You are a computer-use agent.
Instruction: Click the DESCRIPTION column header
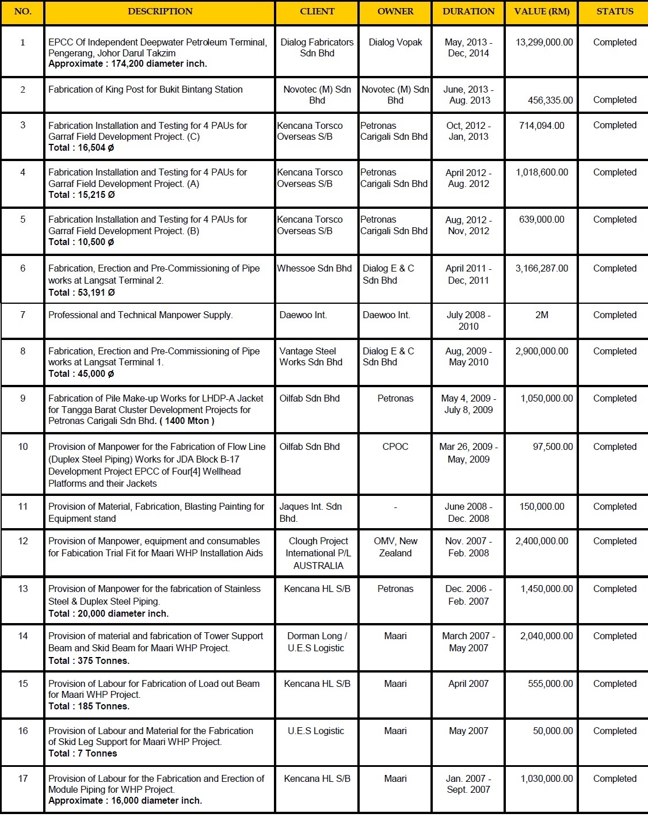[160, 12]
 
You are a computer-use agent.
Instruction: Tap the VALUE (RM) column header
[542, 12]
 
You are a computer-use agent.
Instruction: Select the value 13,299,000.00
[544, 42]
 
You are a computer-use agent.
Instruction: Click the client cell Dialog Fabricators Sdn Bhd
[317, 48]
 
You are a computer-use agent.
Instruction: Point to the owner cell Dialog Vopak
[395, 42]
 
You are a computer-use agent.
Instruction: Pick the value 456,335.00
[550, 100]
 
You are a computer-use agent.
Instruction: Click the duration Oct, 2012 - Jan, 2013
[468, 131]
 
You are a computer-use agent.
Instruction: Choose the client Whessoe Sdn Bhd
[314, 268]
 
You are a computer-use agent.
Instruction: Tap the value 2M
[542, 315]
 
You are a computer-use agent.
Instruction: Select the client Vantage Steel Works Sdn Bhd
[311, 357]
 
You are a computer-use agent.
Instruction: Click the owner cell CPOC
[395, 446]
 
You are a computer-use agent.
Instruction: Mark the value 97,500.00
[552, 446]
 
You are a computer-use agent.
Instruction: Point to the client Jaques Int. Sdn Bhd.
[311, 512]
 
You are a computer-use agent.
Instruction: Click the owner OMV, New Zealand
[395, 547]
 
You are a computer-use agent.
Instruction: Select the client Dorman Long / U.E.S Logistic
[317, 641]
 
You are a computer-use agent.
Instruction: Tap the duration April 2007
[468, 683]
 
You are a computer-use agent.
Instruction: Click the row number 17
[23, 778]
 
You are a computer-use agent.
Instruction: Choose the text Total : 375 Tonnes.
[89, 660]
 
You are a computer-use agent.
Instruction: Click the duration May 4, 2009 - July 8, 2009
[468, 404]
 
